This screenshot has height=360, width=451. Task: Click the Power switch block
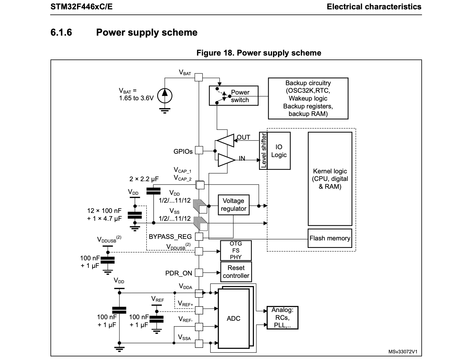click(x=233, y=96)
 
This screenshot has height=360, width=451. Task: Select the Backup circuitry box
click(x=308, y=98)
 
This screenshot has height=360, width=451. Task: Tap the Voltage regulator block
click(x=233, y=205)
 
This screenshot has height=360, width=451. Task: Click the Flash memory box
click(x=330, y=238)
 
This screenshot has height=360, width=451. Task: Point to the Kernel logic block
click(x=330, y=179)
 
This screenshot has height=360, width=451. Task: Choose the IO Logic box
click(x=278, y=151)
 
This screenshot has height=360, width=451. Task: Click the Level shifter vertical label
click(x=263, y=151)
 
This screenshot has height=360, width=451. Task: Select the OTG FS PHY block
click(x=236, y=250)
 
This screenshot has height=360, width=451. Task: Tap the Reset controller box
click(x=236, y=272)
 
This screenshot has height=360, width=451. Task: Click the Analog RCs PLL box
click(x=282, y=318)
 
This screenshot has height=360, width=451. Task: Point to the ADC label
click(x=233, y=319)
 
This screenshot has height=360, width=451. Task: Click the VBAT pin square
click(x=198, y=77)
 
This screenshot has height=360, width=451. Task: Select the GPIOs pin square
click(x=199, y=150)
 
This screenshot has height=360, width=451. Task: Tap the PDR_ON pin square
click(x=199, y=273)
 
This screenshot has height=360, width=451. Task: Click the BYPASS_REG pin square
click(x=199, y=236)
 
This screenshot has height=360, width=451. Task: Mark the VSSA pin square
click(x=199, y=343)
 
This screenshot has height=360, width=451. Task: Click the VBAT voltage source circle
click(x=165, y=96)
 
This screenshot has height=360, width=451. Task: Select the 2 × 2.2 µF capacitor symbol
click(x=153, y=191)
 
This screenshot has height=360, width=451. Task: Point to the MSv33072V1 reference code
click(x=403, y=352)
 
